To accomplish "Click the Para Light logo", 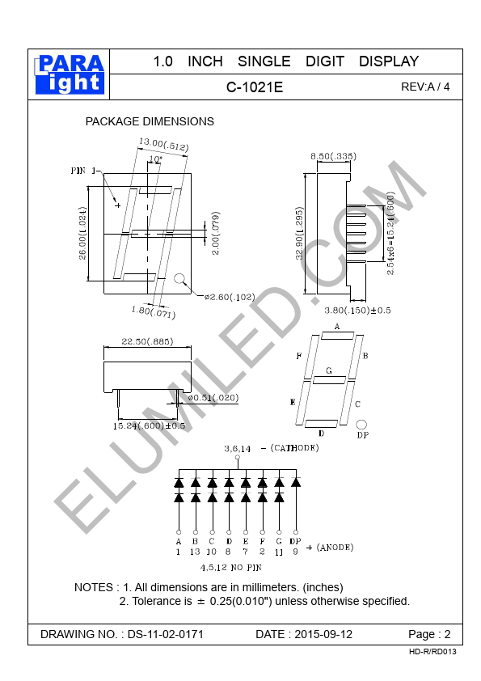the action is pos(70,74).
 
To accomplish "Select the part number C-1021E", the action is pos(255,87).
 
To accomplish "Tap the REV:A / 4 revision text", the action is pos(425,87).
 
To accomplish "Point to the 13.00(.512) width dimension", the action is pos(163,144).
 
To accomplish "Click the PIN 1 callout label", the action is pos(84,171).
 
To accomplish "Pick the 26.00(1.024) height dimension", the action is pos(82,233).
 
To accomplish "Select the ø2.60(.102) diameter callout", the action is pos(230,297).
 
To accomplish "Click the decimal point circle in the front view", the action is pos(179,278).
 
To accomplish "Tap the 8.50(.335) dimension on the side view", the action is pos(333,156).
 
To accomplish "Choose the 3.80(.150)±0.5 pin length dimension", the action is pos(357,310).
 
